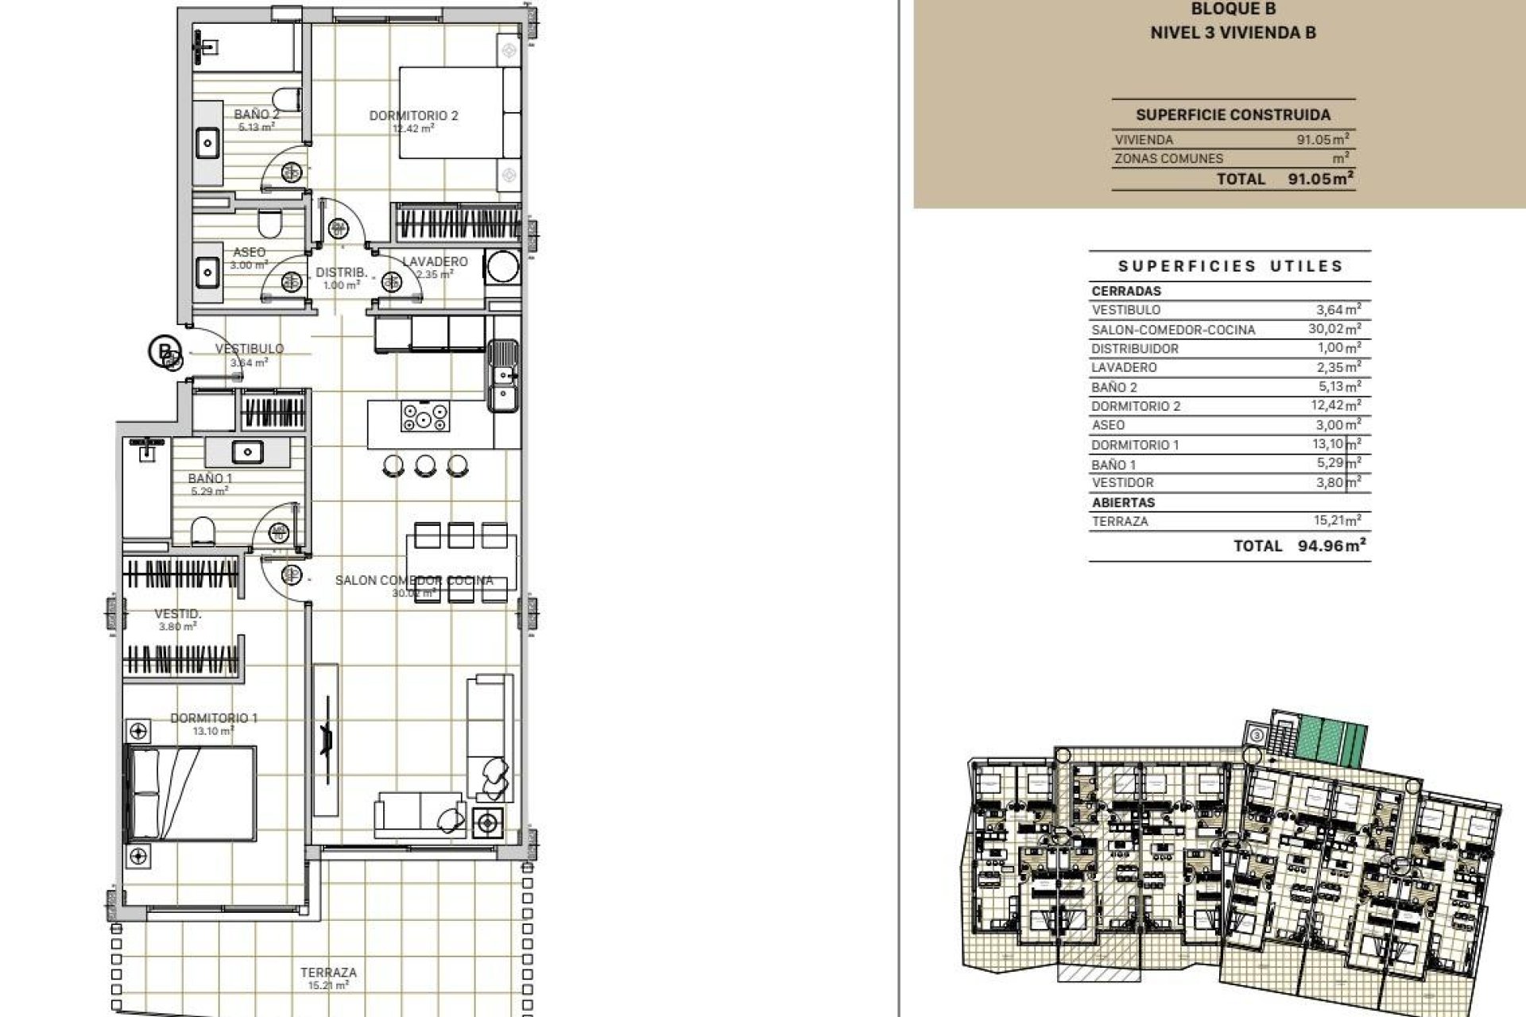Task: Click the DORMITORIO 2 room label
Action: (x=413, y=116)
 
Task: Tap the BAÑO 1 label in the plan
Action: (x=210, y=478)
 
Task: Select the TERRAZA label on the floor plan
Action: (x=328, y=972)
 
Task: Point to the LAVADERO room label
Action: (x=435, y=261)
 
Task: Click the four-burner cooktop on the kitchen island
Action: (x=425, y=416)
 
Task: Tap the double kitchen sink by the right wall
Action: (x=502, y=376)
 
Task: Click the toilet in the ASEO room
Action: (x=271, y=225)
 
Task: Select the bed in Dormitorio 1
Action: (x=192, y=793)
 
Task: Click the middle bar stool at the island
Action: (x=425, y=465)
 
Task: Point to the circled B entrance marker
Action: (x=164, y=350)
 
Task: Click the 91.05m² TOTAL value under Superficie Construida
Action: (x=1320, y=179)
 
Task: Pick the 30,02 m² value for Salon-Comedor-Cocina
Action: (x=1338, y=329)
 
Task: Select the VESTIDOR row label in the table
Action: (x=1122, y=482)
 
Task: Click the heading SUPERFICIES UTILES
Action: (x=1230, y=266)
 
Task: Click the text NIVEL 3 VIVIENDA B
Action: (x=1233, y=33)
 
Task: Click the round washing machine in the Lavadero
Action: (x=502, y=266)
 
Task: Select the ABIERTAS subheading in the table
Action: (x=1123, y=502)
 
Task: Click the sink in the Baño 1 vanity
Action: (x=248, y=452)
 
